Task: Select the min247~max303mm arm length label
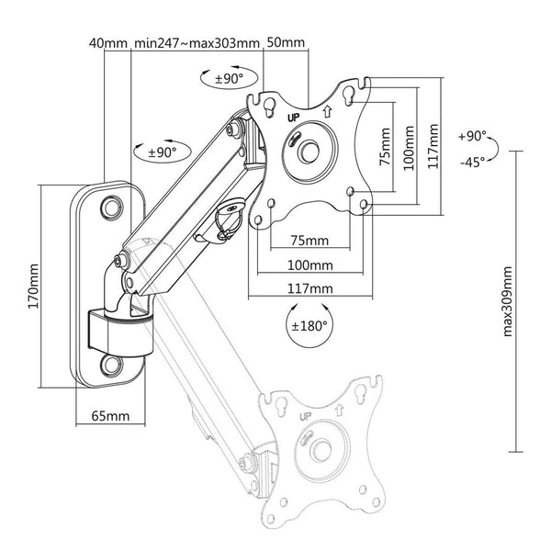tap(197, 42)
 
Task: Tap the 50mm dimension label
tap(287, 42)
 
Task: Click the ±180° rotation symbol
tap(310, 325)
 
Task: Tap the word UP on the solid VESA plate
tap(294, 117)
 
